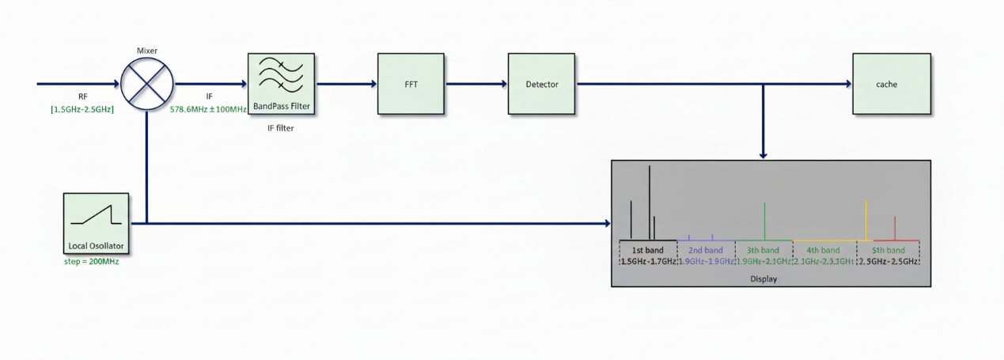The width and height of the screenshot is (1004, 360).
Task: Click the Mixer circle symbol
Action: [x=147, y=83]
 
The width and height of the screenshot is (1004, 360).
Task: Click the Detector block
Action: [x=542, y=84]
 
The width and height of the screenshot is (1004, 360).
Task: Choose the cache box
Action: [x=885, y=84]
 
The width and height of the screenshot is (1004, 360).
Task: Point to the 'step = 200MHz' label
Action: [x=91, y=261]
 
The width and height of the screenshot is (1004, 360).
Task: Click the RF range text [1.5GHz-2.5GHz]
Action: [x=82, y=108]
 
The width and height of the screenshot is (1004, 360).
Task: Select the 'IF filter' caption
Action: [x=281, y=127]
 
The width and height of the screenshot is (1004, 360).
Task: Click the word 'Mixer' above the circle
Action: [x=147, y=50]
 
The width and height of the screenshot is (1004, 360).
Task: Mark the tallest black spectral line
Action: [x=650, y=202]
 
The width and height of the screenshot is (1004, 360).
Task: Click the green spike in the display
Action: [x=764, y=221]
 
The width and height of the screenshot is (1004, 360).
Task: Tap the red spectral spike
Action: [x=895, y=228]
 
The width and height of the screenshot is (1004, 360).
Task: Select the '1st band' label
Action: [x=648, y=250]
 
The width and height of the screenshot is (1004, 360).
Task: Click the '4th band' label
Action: [x=823, y=250]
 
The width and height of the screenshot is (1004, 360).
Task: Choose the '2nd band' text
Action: [x=706, y=250]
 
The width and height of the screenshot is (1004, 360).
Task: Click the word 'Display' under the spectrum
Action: [x=764, y=279]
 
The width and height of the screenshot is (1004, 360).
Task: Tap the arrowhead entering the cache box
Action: [x=847, y=84]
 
